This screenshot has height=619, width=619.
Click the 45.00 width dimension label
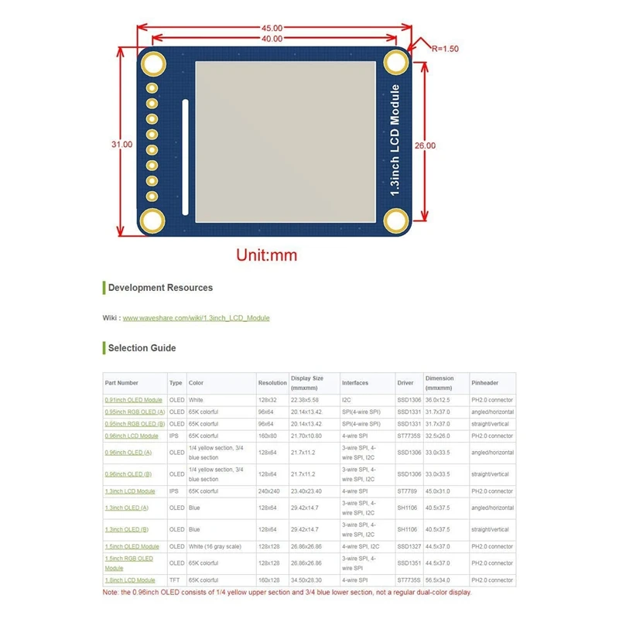click(271, 29)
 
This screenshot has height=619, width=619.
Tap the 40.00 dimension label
click(271, 39)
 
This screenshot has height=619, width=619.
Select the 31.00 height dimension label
click(121, 145)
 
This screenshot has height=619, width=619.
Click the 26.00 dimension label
click(425, 145)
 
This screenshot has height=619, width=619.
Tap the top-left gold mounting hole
click(153, 64)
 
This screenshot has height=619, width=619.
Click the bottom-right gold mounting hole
click(397, 223)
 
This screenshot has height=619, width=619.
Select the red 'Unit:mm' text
click(266, 255)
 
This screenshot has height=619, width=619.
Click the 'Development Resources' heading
click(160, 288)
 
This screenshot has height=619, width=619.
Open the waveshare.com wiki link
click(196, 318)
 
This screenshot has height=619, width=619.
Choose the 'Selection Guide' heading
click(142, 348)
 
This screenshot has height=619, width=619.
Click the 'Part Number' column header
click(121, 383)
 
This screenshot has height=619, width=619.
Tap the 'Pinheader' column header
click(484, 383)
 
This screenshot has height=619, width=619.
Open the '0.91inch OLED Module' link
click(133, 400)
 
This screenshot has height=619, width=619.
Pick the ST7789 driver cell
click(408, 491)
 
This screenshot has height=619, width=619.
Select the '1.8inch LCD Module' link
click(129, 580)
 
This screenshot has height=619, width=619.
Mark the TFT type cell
click(176, 580)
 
